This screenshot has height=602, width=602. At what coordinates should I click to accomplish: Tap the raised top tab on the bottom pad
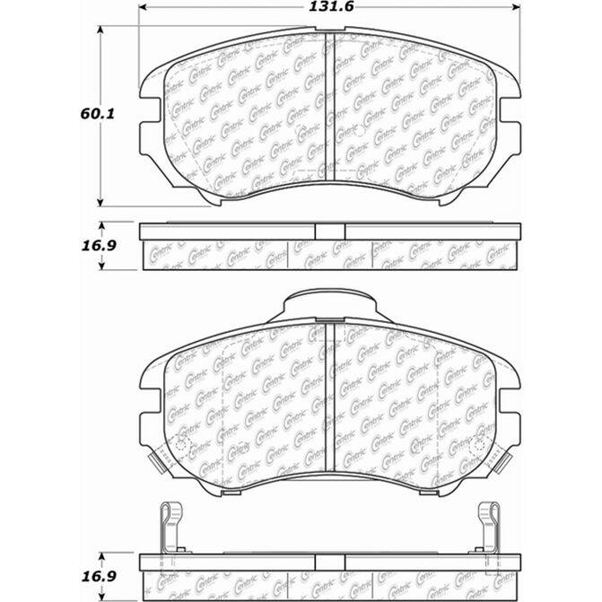tap(328, 306)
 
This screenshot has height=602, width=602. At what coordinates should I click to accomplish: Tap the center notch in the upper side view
tap(329, 231)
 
